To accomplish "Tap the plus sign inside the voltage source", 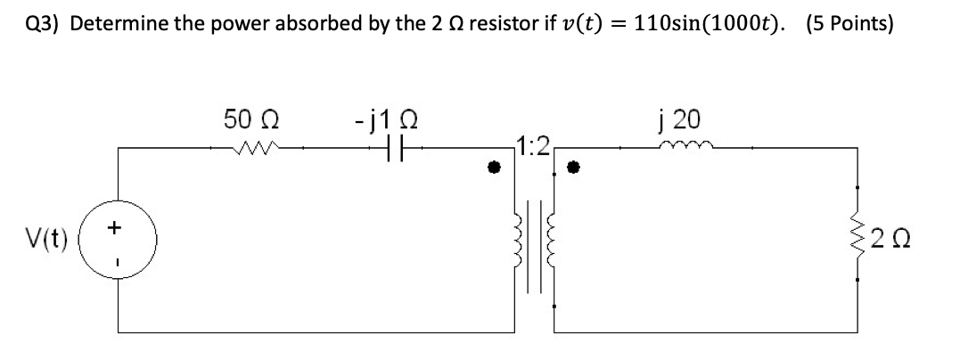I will (x=114, y=229).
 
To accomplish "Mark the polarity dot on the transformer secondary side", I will (x=575, y=168).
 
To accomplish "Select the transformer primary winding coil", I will (x=518, y=241).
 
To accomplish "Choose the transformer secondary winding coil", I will (x=551, y=241).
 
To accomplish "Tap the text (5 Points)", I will (x=849, y=24).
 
